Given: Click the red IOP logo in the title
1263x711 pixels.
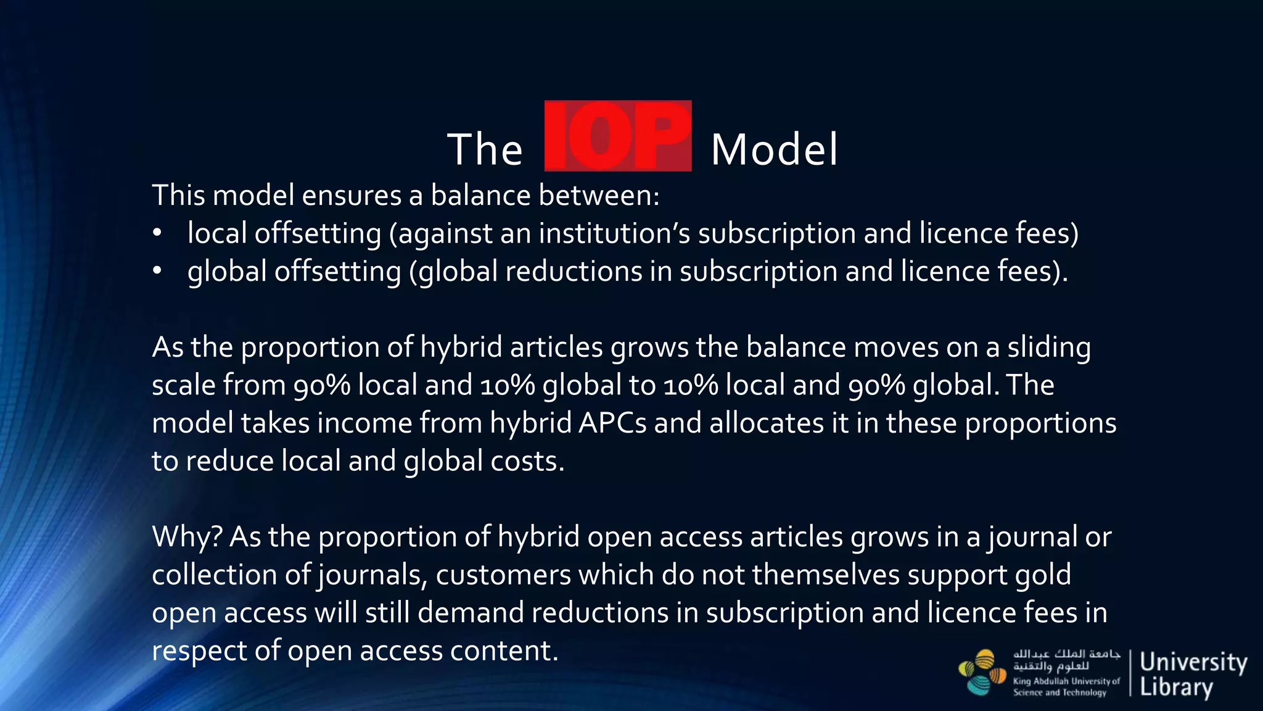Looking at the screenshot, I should [617, 136].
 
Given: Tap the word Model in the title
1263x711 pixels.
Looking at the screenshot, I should [774, 150].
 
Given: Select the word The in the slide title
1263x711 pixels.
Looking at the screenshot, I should [485, 150].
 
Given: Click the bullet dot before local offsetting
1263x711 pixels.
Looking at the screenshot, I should [157, 233].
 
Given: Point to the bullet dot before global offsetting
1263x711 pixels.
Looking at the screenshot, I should [157, 271].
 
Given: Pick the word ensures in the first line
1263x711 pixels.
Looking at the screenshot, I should [351, 196].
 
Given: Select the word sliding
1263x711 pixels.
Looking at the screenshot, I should [1048, 347].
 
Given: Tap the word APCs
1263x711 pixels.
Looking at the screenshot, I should [612, 423].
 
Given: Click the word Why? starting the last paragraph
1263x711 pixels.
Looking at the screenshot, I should [187, 537].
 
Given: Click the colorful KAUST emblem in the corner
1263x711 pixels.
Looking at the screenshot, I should [982, 672].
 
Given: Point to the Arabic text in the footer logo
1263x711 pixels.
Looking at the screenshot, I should [1066, 660].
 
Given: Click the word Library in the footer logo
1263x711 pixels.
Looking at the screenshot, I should [1176, 688].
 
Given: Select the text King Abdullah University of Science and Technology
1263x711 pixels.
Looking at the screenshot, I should [1066, 687].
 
